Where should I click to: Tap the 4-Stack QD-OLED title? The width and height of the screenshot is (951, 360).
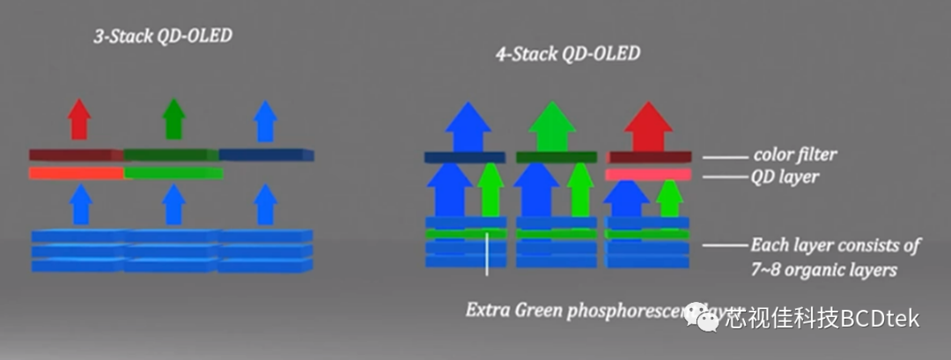(x=567, y=54)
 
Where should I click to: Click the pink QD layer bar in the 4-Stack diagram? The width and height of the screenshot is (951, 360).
(x=648, y=175)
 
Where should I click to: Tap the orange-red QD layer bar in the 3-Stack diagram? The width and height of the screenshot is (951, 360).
(x=76, y=173)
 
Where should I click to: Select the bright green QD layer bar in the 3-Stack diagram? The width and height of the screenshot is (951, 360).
(x=173, y=173)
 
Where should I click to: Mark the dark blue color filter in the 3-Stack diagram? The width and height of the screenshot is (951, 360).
(x=266, y=155)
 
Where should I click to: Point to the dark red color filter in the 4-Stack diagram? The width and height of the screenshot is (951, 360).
(x=648, y=158)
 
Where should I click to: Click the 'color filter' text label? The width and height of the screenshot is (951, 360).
(x=795, y=155)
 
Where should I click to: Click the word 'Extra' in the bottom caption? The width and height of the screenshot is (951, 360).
(x=487, y=310)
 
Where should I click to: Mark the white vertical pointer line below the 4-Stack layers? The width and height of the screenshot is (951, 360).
(x=487, y=255)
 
